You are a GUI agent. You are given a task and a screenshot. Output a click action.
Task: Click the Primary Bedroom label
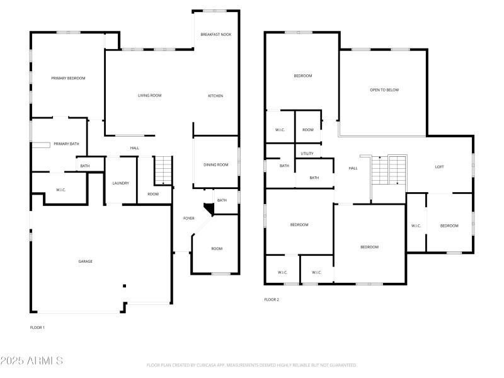(68, 78)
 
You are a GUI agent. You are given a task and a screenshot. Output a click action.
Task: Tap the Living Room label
(150, 96)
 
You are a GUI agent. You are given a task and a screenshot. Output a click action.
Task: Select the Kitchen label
(215, 96)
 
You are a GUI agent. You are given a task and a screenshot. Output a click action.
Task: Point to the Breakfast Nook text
(216, 34)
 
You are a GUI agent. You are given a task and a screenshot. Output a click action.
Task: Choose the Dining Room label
(215, 165)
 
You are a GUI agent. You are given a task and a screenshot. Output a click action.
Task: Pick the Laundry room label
(120, 183)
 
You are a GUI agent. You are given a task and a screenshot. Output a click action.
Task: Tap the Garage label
(85, 261)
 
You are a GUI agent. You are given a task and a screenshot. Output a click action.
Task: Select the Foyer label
(188, 219)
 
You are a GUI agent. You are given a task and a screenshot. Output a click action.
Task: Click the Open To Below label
(384, 90)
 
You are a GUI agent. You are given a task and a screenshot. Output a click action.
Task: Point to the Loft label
(440, 167)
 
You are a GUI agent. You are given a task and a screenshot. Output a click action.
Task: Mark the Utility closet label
(307, 154)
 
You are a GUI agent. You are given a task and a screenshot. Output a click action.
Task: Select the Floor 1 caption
(37, 328)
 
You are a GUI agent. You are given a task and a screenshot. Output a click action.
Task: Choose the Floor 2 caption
(272, 300)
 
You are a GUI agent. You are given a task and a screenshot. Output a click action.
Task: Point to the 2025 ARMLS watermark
(31, 361)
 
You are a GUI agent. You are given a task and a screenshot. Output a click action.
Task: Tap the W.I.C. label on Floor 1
(61, 190)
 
